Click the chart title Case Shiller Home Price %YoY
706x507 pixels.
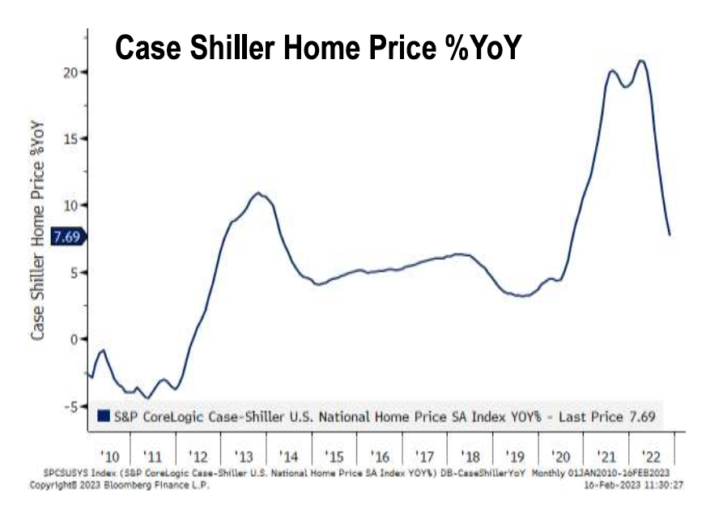[318, 48]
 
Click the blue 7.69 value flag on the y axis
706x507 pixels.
[66, 236]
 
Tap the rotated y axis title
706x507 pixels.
[38, 232]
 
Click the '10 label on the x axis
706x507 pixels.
[108, 455]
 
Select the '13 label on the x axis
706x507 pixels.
[244, 455]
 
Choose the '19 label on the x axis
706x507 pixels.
[514, 455]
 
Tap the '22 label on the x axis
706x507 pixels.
[650, 455]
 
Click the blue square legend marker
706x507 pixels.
[103, 417]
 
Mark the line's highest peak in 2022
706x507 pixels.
[641, 61]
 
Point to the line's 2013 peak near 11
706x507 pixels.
[257, 193]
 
